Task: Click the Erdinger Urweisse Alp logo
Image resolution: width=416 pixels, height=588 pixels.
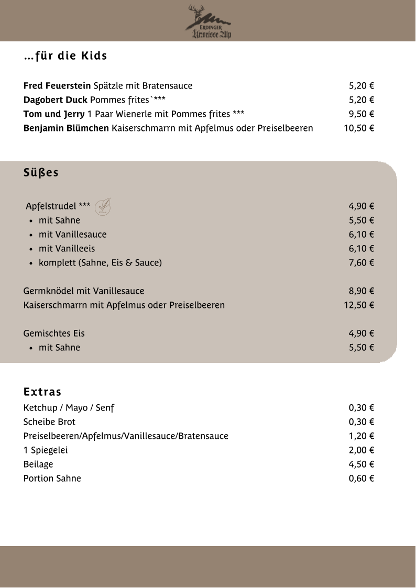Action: [209, 22]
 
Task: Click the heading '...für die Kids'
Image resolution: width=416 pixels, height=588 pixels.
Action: [65, 56]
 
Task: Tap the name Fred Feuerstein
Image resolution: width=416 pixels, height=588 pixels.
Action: [57, 86]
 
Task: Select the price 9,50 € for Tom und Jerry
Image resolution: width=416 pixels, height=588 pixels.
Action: [361, 114]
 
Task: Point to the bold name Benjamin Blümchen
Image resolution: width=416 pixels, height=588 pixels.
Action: [66, 128]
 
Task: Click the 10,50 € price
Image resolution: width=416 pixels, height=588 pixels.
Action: [359, 128]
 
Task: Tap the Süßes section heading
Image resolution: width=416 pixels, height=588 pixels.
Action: [41, 173]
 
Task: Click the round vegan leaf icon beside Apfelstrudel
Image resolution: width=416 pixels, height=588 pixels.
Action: [103, 207]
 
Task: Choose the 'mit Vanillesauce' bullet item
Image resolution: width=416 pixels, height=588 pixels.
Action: [72, 235]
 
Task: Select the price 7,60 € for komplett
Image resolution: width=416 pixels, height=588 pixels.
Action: [361, 263]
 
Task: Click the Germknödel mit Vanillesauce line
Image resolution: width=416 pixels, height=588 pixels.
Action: [84, 291]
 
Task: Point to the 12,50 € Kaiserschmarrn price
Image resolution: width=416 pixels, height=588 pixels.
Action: [359, 305]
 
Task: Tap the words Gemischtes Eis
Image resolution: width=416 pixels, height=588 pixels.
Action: [54, 334]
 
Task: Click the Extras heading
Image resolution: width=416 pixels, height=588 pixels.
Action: [42, 392]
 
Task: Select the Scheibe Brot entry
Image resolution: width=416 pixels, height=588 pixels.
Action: [49, 422]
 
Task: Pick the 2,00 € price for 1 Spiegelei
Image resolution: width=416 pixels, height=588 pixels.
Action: [361, 450]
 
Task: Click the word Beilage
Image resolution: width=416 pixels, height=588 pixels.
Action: [38, 464]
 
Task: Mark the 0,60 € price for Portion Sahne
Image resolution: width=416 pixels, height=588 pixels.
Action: [361, 479]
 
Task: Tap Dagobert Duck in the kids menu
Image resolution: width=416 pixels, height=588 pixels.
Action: [56, 100]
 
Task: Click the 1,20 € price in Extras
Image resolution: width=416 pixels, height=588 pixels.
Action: [361, 436]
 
